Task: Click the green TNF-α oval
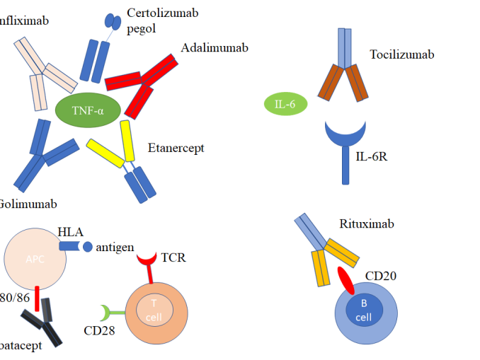click(88, 111)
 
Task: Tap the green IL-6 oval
click(285, 105)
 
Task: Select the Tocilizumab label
click(401, 54)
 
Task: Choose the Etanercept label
click(176, 148)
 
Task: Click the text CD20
click(380, 274)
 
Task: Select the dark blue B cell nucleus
click(363, 310)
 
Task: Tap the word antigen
click(115, 247)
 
